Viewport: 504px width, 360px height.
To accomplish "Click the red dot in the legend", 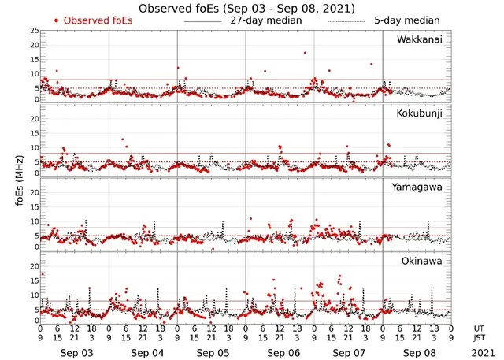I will (x=56, y=20).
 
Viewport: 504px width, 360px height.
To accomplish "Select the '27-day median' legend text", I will (x=266, y=20).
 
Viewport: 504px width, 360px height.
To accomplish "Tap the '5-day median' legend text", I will (x=406, y=20).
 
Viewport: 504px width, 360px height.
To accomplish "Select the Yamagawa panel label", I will (x=421, y=187).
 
